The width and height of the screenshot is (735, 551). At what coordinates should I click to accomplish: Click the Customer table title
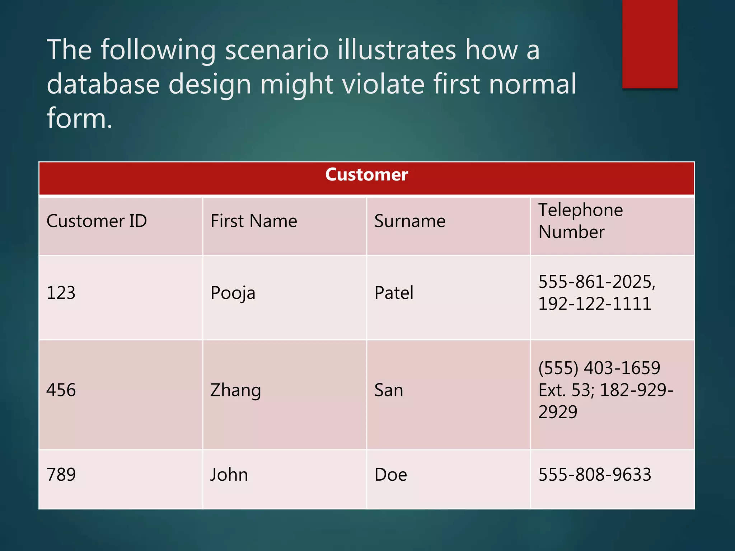(x=366, y=175)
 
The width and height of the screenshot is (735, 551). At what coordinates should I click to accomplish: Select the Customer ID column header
(x=97, y=221)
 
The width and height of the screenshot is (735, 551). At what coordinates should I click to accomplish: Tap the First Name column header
(x=254, y=221)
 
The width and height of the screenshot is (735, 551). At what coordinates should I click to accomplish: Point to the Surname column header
(x=410, y=221)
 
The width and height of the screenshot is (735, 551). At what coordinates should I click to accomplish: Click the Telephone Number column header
(x=580, y=221)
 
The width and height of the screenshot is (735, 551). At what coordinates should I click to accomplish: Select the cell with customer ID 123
(x=61, y=293)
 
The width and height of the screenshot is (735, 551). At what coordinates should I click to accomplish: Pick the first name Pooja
(x=233, y=293)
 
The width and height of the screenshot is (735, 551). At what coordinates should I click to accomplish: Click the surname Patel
(x=394, y=293)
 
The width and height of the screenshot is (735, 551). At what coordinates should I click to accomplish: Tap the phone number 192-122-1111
(x=595, y=304)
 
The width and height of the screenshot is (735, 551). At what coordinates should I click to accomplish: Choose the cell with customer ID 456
(x=61, y=390)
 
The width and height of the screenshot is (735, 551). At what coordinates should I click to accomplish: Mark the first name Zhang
(x=235, y=390)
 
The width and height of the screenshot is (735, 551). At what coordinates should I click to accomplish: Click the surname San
(x=389, y=390)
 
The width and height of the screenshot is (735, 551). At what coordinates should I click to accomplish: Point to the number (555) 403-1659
(x=599, y=368)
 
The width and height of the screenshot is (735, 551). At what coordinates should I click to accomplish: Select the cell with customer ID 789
(x=61, y=475)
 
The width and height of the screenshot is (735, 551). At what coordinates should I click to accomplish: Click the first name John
(x=229, y=475)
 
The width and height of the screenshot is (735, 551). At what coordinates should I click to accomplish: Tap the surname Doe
(x=390, y=475)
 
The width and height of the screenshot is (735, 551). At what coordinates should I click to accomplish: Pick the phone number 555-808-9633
(x=595, y=475)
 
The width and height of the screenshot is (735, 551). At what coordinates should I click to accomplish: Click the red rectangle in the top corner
(x=650, y=44)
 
